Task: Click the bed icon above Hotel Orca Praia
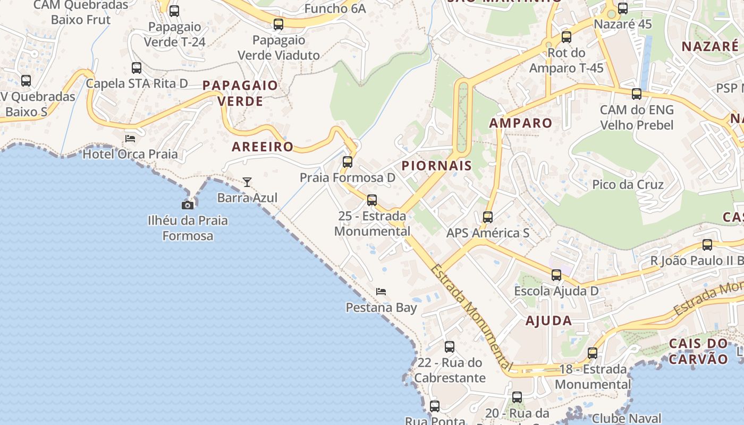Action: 130,139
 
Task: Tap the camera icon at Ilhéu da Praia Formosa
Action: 188,205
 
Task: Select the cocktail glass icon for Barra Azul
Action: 247,182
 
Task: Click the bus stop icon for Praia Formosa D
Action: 348,162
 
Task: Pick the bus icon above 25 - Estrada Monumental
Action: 372,200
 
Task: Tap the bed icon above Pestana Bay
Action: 381,292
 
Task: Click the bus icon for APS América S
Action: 488,217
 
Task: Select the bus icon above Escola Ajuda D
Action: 556,275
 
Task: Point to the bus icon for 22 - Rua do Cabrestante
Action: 450,347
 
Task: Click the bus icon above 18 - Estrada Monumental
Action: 593,353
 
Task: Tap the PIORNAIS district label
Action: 436,165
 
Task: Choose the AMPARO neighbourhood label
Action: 521,123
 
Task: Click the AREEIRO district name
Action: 263,147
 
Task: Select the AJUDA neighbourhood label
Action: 549,320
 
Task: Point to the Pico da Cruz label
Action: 628,184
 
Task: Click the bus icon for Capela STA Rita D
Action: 137,68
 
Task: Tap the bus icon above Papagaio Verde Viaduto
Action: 278,24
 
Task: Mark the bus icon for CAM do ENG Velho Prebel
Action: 637,95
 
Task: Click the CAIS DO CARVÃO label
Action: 698,351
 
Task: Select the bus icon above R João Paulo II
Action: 707,245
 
